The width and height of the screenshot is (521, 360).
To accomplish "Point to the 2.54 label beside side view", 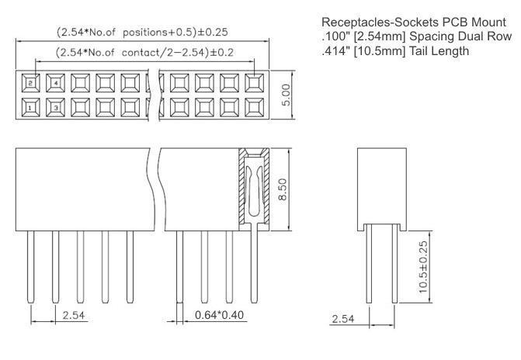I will [x=344, y=319].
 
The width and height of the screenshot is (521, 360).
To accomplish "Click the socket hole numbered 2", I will [x=30, y=81].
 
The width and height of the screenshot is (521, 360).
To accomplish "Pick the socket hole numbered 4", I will [x=56, y=81].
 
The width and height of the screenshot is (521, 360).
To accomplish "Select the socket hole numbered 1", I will [x=30, y=106].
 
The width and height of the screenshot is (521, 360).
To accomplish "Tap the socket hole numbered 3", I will [x=56, y=106].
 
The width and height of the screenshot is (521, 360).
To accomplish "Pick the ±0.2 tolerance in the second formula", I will [x=216, y=54].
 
